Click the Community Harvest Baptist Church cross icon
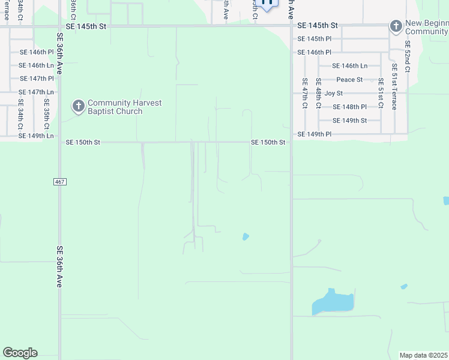[x=78, y=107]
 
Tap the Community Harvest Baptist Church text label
[x=124, y=107]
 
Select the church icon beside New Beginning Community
[x=396, y=26]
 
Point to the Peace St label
[x=349, y=80]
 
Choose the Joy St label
[x=333, y=94]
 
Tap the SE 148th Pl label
[x=349, y=107]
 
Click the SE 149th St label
[x=349, y=121]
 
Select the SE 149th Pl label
[x=315, y=134]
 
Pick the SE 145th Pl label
[x=315, y=39]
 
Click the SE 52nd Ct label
[x=407, y=56]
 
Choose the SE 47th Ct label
[x=305, y=93]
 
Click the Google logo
[x=20, y=353]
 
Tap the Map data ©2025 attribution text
[x=424, y=355]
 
